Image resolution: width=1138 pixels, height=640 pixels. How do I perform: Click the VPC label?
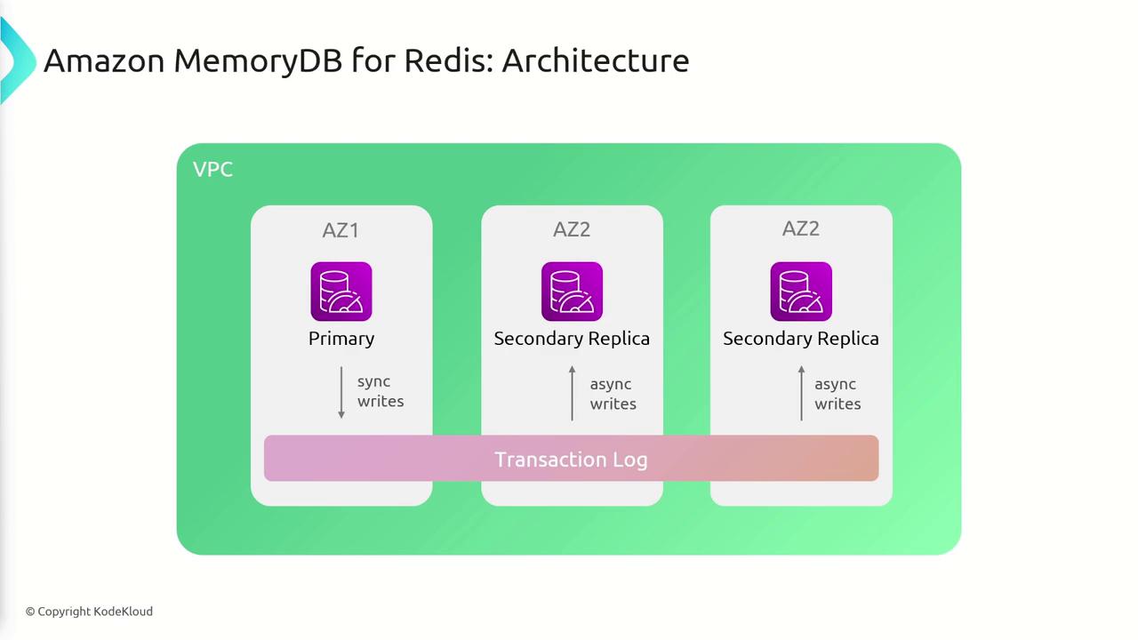click(x=212, y=169)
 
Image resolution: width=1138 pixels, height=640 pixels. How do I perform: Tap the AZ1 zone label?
click(x=341, y=230)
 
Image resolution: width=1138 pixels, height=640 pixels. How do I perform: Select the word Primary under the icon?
click(x=341, y=339)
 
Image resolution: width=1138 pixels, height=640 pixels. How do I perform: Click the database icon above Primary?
click(x=341, y=292)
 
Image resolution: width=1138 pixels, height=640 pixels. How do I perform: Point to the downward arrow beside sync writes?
click(x=341, y=392)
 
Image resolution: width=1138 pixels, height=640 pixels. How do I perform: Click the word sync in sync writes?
click(x=374, y=381)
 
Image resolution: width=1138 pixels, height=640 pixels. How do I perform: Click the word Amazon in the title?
click(x=104, y=60)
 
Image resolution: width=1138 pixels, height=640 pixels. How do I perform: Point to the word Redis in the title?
click(x=449, y=60)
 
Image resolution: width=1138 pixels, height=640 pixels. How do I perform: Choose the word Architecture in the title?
click(x=596, y=60)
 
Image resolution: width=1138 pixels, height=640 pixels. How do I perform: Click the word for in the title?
click(x=373, y=60)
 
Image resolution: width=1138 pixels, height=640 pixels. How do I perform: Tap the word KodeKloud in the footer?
click(x=123, y=612)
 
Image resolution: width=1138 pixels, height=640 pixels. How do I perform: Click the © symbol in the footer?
click(x=30, y=612)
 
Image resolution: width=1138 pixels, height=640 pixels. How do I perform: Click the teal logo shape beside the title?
click(x=15, y=60)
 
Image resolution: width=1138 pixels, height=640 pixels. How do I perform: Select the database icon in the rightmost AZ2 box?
click(x=801, y=292)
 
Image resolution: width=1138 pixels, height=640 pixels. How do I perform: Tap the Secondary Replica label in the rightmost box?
click(x=801, y=339)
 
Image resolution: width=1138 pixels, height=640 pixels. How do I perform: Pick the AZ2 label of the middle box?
click(x=572, y=229)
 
